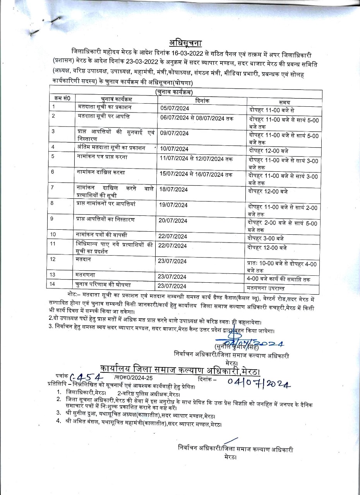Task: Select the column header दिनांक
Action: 202,100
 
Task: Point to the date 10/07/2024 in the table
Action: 175,149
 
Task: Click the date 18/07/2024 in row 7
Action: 174,189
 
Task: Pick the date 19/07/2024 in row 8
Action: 174,205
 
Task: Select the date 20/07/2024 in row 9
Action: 173,220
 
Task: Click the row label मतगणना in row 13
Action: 86,274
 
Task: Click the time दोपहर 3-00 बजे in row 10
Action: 267,238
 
